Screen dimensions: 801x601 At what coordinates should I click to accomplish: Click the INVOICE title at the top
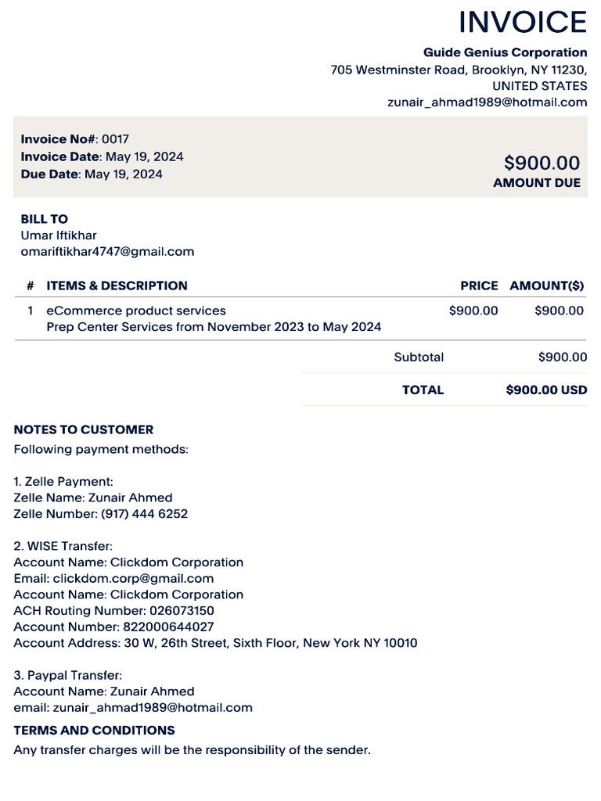tap(522, 22)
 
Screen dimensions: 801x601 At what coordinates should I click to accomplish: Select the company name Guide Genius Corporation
tap(505, 52)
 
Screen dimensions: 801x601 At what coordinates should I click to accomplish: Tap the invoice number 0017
tap(115, 139)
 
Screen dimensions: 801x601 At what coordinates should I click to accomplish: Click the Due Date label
tap(50, 174)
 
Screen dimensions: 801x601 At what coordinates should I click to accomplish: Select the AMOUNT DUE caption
tap(537, 183)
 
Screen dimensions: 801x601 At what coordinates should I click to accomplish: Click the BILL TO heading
tap(44, 219)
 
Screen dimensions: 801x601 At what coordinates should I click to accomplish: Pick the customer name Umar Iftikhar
tap(59, 235)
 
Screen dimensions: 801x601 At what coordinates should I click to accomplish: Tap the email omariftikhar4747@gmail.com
tap(107, 252)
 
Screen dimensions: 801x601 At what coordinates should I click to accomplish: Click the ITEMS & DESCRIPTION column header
tap(117, 286)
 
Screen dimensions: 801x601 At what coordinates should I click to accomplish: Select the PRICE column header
tap(479, 286)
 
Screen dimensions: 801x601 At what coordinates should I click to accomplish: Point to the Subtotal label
tap(419, 357)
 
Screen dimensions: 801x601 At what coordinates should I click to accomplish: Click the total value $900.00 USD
tap(546, 390)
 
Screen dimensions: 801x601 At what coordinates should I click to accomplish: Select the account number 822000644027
tap(168, 627)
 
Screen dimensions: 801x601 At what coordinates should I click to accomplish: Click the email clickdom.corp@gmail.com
tap(133, 578)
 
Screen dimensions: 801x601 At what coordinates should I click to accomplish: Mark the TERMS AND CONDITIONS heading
tap(94, 731)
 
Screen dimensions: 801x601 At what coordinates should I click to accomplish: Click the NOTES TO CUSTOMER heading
tap(84, 429)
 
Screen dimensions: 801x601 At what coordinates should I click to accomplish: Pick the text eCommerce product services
tap(136, 311)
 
